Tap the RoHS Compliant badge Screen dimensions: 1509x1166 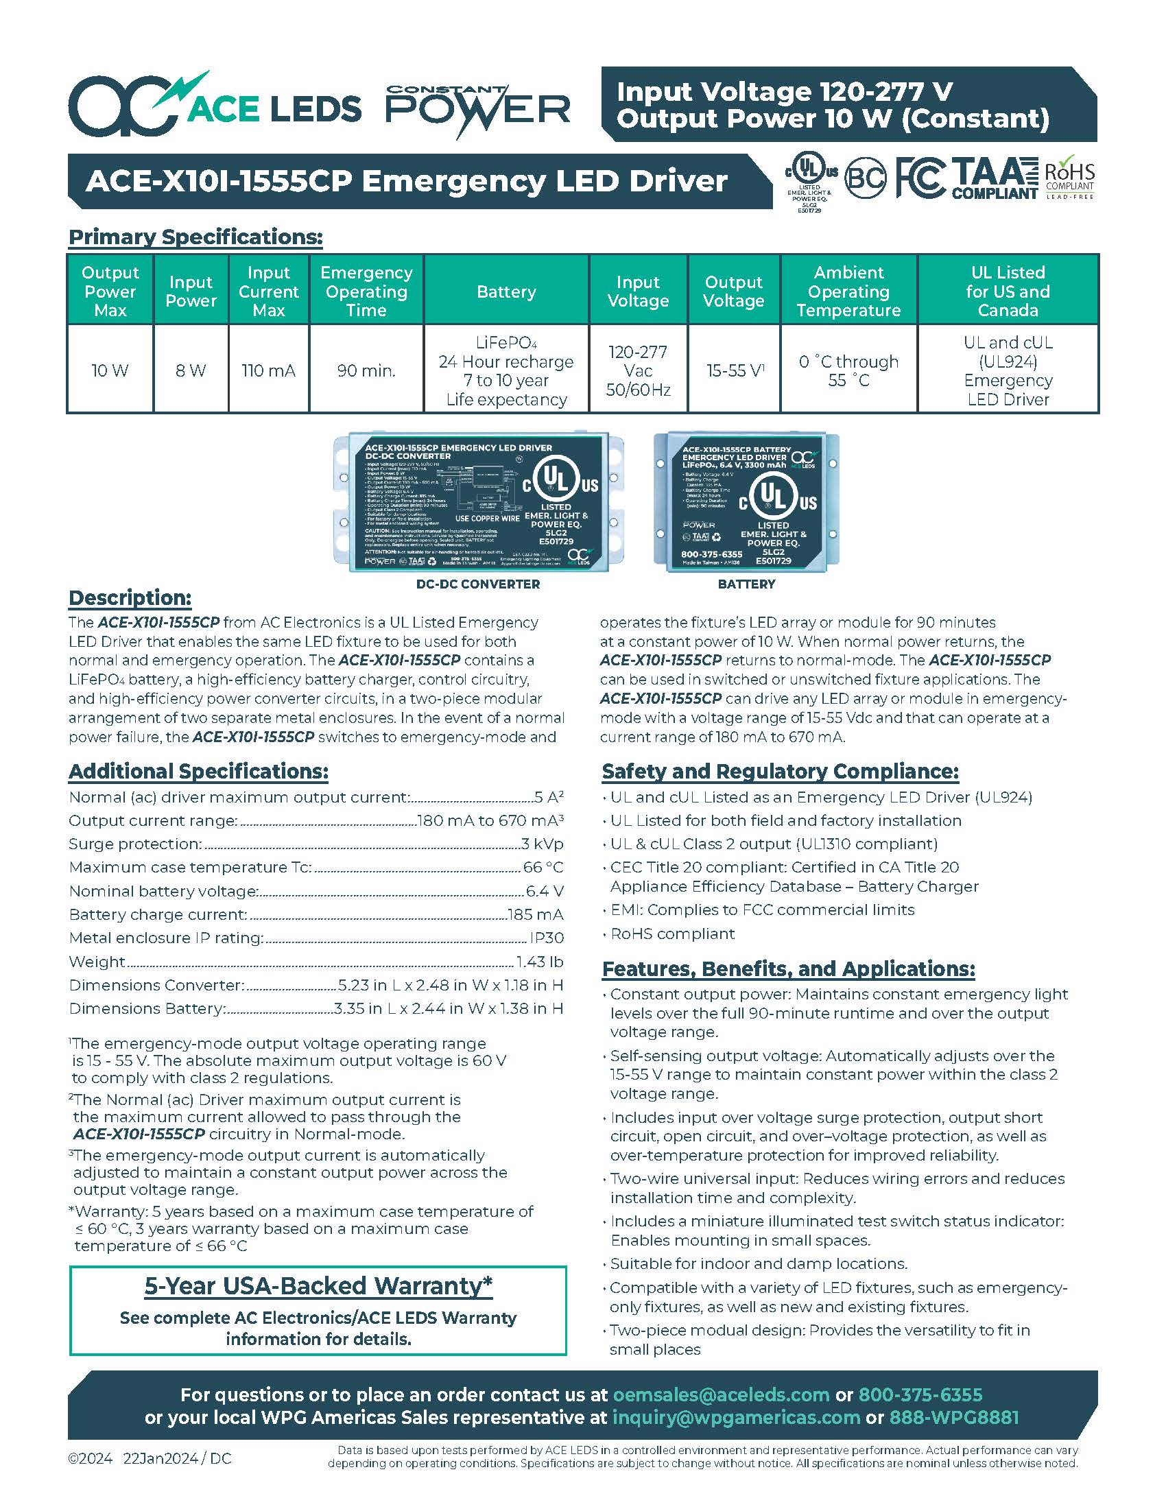1069,179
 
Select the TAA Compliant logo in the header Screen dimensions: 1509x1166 995,178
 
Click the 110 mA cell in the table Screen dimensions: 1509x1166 268,370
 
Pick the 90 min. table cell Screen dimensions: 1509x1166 366,370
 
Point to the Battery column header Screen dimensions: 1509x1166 506,292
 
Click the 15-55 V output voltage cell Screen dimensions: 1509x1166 735,370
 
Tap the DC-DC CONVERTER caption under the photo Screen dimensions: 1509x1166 478,584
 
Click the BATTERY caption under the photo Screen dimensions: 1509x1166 746,584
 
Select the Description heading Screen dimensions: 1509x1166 130,597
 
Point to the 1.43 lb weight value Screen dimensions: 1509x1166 540,961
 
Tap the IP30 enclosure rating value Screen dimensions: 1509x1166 547,938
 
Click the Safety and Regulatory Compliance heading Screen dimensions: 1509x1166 780,771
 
